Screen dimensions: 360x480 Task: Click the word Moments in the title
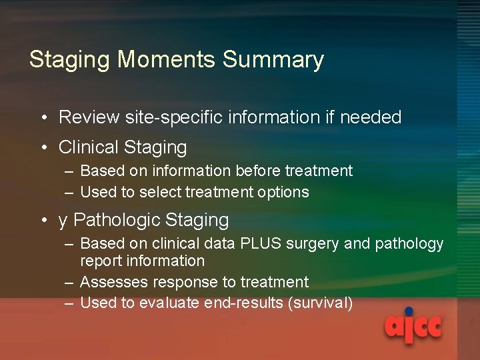point(167,59)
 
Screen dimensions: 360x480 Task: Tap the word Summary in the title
point(273,59)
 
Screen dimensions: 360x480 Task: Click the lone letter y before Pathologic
point(63,221)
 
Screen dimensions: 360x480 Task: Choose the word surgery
point(314,245)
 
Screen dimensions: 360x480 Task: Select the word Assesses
point(110,282)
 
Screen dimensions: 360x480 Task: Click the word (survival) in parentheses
point(320,303)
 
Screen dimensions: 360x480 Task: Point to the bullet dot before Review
point(42,118)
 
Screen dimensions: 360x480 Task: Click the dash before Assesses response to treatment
point(69,282)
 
